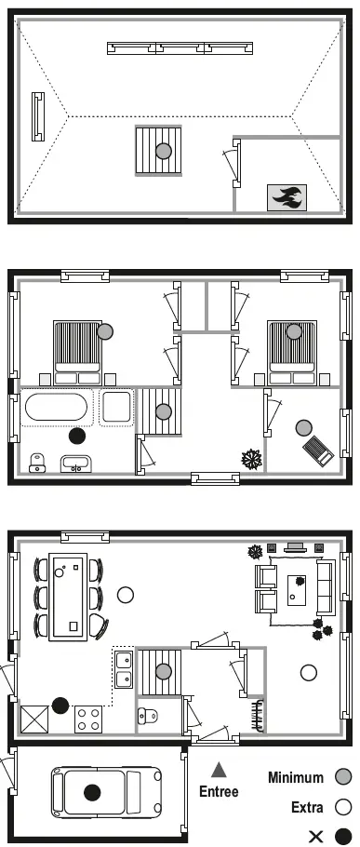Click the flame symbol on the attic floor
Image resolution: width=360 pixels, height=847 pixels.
click(287, 197)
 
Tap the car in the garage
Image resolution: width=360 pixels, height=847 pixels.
click(106, 792)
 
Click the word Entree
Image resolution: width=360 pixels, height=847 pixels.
click(219, 792)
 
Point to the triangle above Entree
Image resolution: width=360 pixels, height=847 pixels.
click(219, 769)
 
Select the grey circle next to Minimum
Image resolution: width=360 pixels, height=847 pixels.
click(342, 777)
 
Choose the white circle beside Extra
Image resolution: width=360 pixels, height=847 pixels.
click(342, 808)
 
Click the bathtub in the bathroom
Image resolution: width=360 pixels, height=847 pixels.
click(55, 407)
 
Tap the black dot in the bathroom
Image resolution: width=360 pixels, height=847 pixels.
click(77, 436)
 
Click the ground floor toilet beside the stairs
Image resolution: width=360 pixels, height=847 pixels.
click(147, 717)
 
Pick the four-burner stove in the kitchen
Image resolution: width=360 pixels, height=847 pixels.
click(88, 719)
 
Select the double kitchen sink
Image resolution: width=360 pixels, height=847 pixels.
click(124, 668)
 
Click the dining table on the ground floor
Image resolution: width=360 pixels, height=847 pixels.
click(68, 597)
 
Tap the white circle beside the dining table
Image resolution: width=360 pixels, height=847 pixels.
click(126, 595)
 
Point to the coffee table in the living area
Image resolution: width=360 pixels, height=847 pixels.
click(297, 590)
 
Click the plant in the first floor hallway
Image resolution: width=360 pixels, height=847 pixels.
click(251, 459)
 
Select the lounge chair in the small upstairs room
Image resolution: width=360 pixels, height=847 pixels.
click(318, 450)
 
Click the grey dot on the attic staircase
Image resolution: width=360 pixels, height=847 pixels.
click(164, 151)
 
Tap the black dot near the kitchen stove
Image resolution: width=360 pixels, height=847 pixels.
click(60, 705)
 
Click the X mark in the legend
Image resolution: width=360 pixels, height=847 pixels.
click(315, 837)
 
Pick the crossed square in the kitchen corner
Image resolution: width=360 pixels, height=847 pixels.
click(34, 719)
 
